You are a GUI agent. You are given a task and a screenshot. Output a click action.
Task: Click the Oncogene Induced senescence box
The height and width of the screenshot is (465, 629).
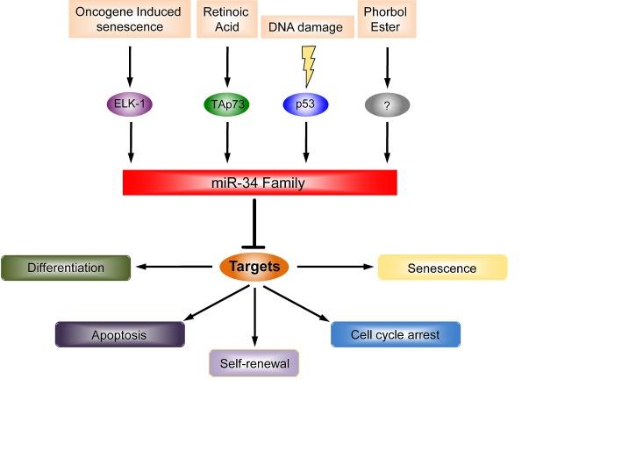coord(130,19)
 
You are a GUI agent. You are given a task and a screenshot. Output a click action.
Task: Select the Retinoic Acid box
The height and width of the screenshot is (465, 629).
coord(227,19)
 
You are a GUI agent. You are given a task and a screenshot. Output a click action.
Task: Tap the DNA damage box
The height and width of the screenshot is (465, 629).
coord(303,27)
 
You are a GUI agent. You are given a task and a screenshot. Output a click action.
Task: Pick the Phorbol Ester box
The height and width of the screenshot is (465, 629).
coord(386,19)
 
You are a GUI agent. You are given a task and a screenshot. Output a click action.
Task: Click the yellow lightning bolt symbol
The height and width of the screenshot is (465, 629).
coord(308,65)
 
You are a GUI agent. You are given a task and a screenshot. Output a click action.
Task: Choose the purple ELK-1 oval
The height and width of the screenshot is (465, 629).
coord(131,105)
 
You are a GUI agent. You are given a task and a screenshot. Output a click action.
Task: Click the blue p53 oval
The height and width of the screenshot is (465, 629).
coord(305,105)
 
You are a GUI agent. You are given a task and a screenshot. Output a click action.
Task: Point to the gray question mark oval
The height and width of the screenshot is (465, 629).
coord(387,105)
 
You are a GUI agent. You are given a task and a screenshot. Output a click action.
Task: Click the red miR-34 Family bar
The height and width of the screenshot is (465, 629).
coord(260,182)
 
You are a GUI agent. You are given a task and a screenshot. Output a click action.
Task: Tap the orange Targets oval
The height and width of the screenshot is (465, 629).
coord(254,266)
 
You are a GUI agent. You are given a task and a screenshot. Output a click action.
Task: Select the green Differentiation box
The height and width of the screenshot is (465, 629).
coord(66,268)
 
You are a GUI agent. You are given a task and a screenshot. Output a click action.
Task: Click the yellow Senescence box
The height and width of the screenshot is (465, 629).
coord(442,268)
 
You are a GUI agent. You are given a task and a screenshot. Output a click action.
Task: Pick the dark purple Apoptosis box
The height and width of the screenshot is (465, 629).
coord(120,334)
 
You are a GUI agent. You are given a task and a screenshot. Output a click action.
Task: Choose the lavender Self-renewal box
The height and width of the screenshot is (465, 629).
coord(254,362)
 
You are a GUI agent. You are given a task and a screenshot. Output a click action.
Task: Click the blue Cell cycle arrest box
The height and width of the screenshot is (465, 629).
coord(396,334)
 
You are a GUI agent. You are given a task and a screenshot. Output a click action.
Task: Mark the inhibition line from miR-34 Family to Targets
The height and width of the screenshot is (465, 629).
coord(254,223)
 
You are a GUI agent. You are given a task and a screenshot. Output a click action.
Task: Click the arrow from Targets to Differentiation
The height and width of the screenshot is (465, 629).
coord(175,267)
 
